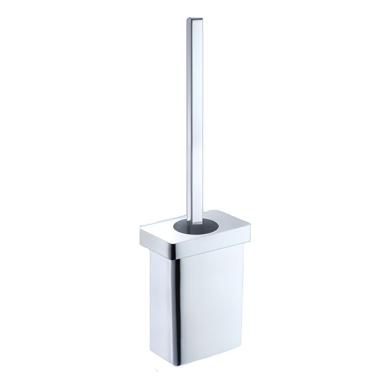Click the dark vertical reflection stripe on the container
click(x=177, y=298)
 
